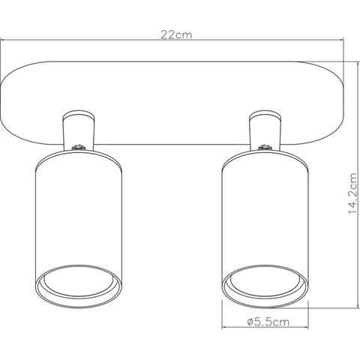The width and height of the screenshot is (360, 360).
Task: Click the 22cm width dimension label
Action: pos(176,34)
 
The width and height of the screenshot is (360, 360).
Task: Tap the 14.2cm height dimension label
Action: pos(352,193)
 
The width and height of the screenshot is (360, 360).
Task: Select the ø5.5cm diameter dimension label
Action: pos(268,322)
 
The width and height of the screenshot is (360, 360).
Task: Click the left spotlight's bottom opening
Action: pos(79,286)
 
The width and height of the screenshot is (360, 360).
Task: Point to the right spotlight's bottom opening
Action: pos(265,286)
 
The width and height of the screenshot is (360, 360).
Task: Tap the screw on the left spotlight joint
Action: pos(78,147)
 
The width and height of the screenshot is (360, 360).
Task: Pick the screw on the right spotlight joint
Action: pos(265,147)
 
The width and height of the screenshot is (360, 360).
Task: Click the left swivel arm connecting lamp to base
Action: pos(79,130)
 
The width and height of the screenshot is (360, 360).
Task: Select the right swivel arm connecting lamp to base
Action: pos(265,130)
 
